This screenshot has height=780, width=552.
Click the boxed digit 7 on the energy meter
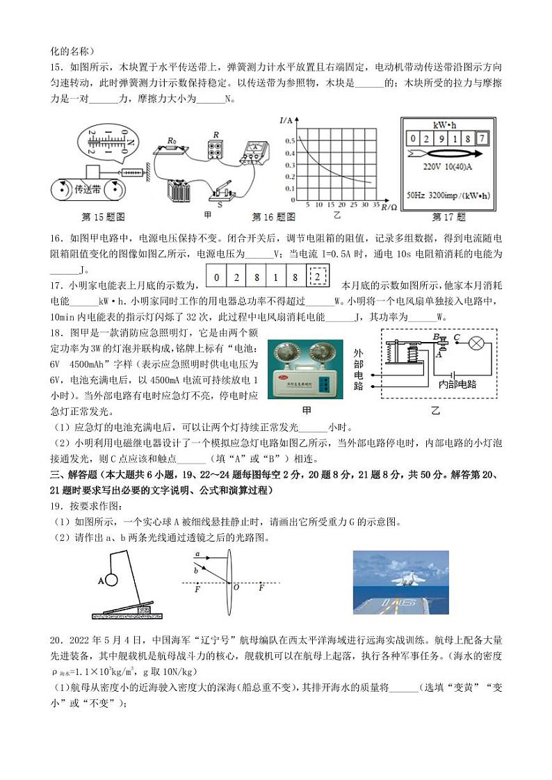click(482, 138)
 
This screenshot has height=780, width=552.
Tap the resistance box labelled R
click(216, 148)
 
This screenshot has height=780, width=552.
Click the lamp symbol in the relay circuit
click(478, 343)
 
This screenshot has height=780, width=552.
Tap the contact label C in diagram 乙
click(456, 336)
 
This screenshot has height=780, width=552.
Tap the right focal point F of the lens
click(261, 588)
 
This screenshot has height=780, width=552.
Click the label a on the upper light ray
click(197, 553)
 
